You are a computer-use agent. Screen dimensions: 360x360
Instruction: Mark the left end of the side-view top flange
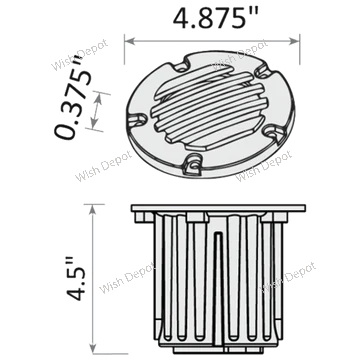(133, 212)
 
